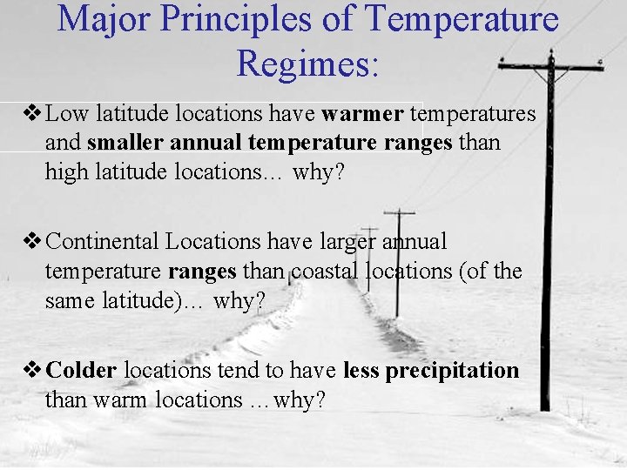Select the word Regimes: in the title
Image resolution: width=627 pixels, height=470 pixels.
307,63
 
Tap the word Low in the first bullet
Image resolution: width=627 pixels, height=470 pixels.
64,113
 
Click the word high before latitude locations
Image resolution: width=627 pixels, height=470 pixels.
66,172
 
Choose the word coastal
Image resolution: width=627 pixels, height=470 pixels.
322,271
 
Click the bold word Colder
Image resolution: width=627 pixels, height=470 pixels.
81,371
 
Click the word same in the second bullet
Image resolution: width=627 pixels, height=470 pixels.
69,300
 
